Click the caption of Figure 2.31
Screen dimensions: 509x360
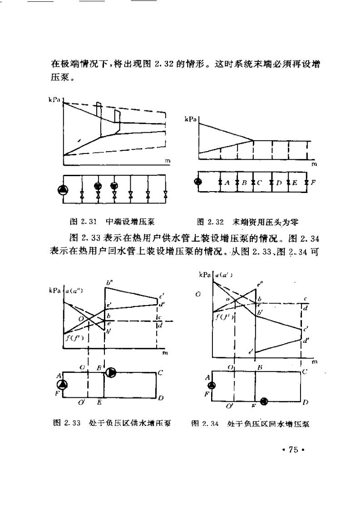click(x=112, y=222)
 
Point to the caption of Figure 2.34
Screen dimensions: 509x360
click(x=251, y=423)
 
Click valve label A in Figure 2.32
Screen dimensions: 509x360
click(x=227, y=183)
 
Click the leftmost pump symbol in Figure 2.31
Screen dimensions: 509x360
click(x=63, y=189)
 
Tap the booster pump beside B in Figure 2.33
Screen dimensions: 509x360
click(x=111, y=373)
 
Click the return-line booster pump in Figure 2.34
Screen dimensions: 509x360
click(x=263, y=401)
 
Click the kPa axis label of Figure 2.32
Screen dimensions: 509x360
click(x=190, y=119)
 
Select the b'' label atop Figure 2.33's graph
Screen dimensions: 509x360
click(x=109, y=283)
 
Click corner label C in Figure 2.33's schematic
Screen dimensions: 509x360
click(x=160, y=373)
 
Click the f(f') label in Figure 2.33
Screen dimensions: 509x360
click(x=73, y=337)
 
